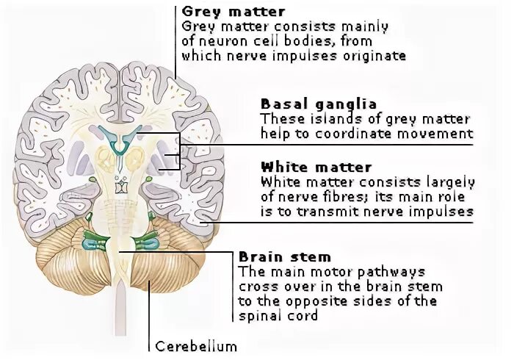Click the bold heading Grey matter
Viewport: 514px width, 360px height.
pyautogui.click(x=223, y=12)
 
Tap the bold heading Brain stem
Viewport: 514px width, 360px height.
pyautogui.click(x=285, y=257)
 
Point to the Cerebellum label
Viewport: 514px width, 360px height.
pyautogui.click(x=196, y=346)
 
